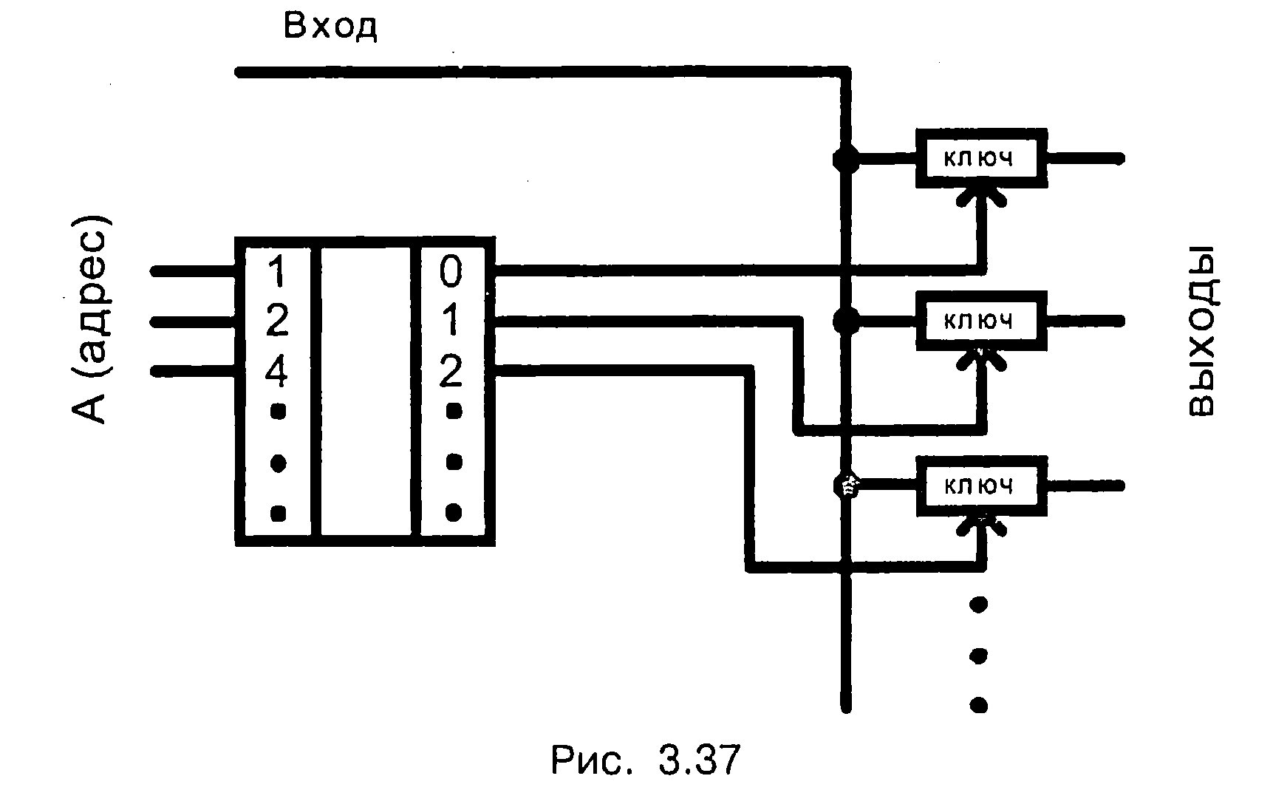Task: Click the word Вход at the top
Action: [330, 27]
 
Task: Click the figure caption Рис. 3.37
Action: [644, 760]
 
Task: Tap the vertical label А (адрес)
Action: [91, 319]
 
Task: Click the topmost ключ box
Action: [981, 158]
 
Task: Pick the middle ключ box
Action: [981, 321]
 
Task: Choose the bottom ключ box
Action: [981, 486]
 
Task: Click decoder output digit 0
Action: [451, 272]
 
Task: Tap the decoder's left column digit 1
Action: [276, 272]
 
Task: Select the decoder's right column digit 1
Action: [451, 321]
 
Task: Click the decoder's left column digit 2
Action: [276, 321]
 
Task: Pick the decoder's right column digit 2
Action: [451, 372]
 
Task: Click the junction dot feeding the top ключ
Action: [846, 159]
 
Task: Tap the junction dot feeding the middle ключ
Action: [846, 321]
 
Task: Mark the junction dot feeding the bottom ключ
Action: [846, 486]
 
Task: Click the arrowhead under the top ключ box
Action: [980, 195]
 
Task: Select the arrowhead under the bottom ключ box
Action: [980, 523]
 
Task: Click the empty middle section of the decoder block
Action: [366, 392]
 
